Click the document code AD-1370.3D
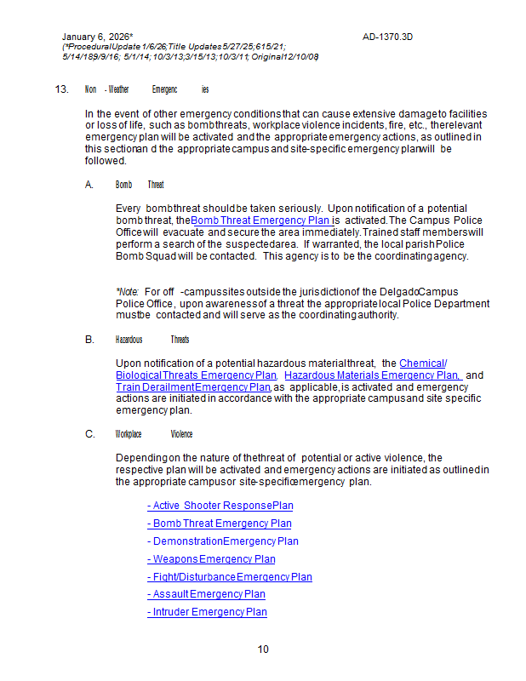(x=387, y=37)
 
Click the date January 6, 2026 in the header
(x=96, y=37)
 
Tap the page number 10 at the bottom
(x=263, y=650)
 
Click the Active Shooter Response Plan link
(x=220, y=506)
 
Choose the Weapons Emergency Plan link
(x=211, y=559)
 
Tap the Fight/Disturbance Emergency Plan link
(x=229, y=577)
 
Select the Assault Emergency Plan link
(x=206, y=594)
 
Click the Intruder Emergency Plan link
(x=207, y=612)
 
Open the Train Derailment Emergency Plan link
(x=193, y=387)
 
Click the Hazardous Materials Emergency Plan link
(x=372, y=375)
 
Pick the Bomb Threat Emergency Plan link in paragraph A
(x=260, y=220)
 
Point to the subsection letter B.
(x=89, y=340)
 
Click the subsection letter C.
(x=89, y=434)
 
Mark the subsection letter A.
(x=89, y=185)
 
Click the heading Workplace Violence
(x=154, y=434)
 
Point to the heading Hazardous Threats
(x=152, y=340)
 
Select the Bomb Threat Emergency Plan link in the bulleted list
(x=219, y=524)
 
